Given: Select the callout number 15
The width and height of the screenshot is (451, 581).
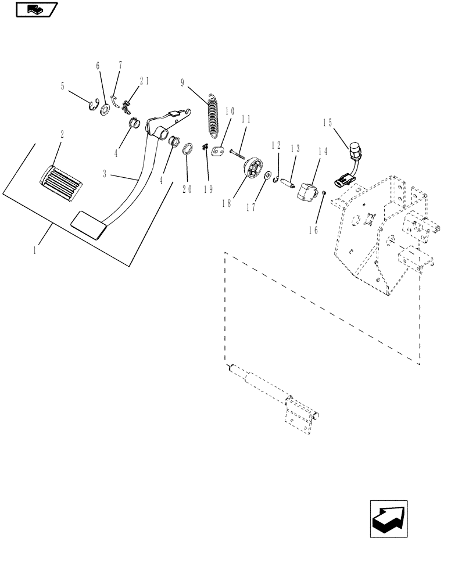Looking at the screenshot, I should click(x=327, y=123).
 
